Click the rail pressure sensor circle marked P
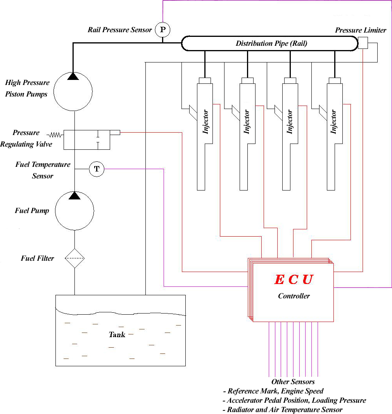tap(162, 29)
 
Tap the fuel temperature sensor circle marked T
tap(97, 169)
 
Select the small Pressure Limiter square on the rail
tap(363, 43)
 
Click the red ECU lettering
tap(294, 279)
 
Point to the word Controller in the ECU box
tap(294, 296)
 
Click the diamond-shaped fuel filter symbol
tap(74, 258)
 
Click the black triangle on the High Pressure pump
tap(73, 76)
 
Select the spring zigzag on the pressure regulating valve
tap(55, 135)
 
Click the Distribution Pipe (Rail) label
tap(271, 43)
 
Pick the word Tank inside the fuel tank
tap(117, 334)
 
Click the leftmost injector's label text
tap(206, 122)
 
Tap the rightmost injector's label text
tap(334, 122)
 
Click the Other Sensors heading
tap(293, 382)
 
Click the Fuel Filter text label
tap(37, 258)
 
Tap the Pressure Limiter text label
tap(361, 30)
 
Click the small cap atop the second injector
tap(247, 80)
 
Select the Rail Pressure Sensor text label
tap(120, 30)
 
